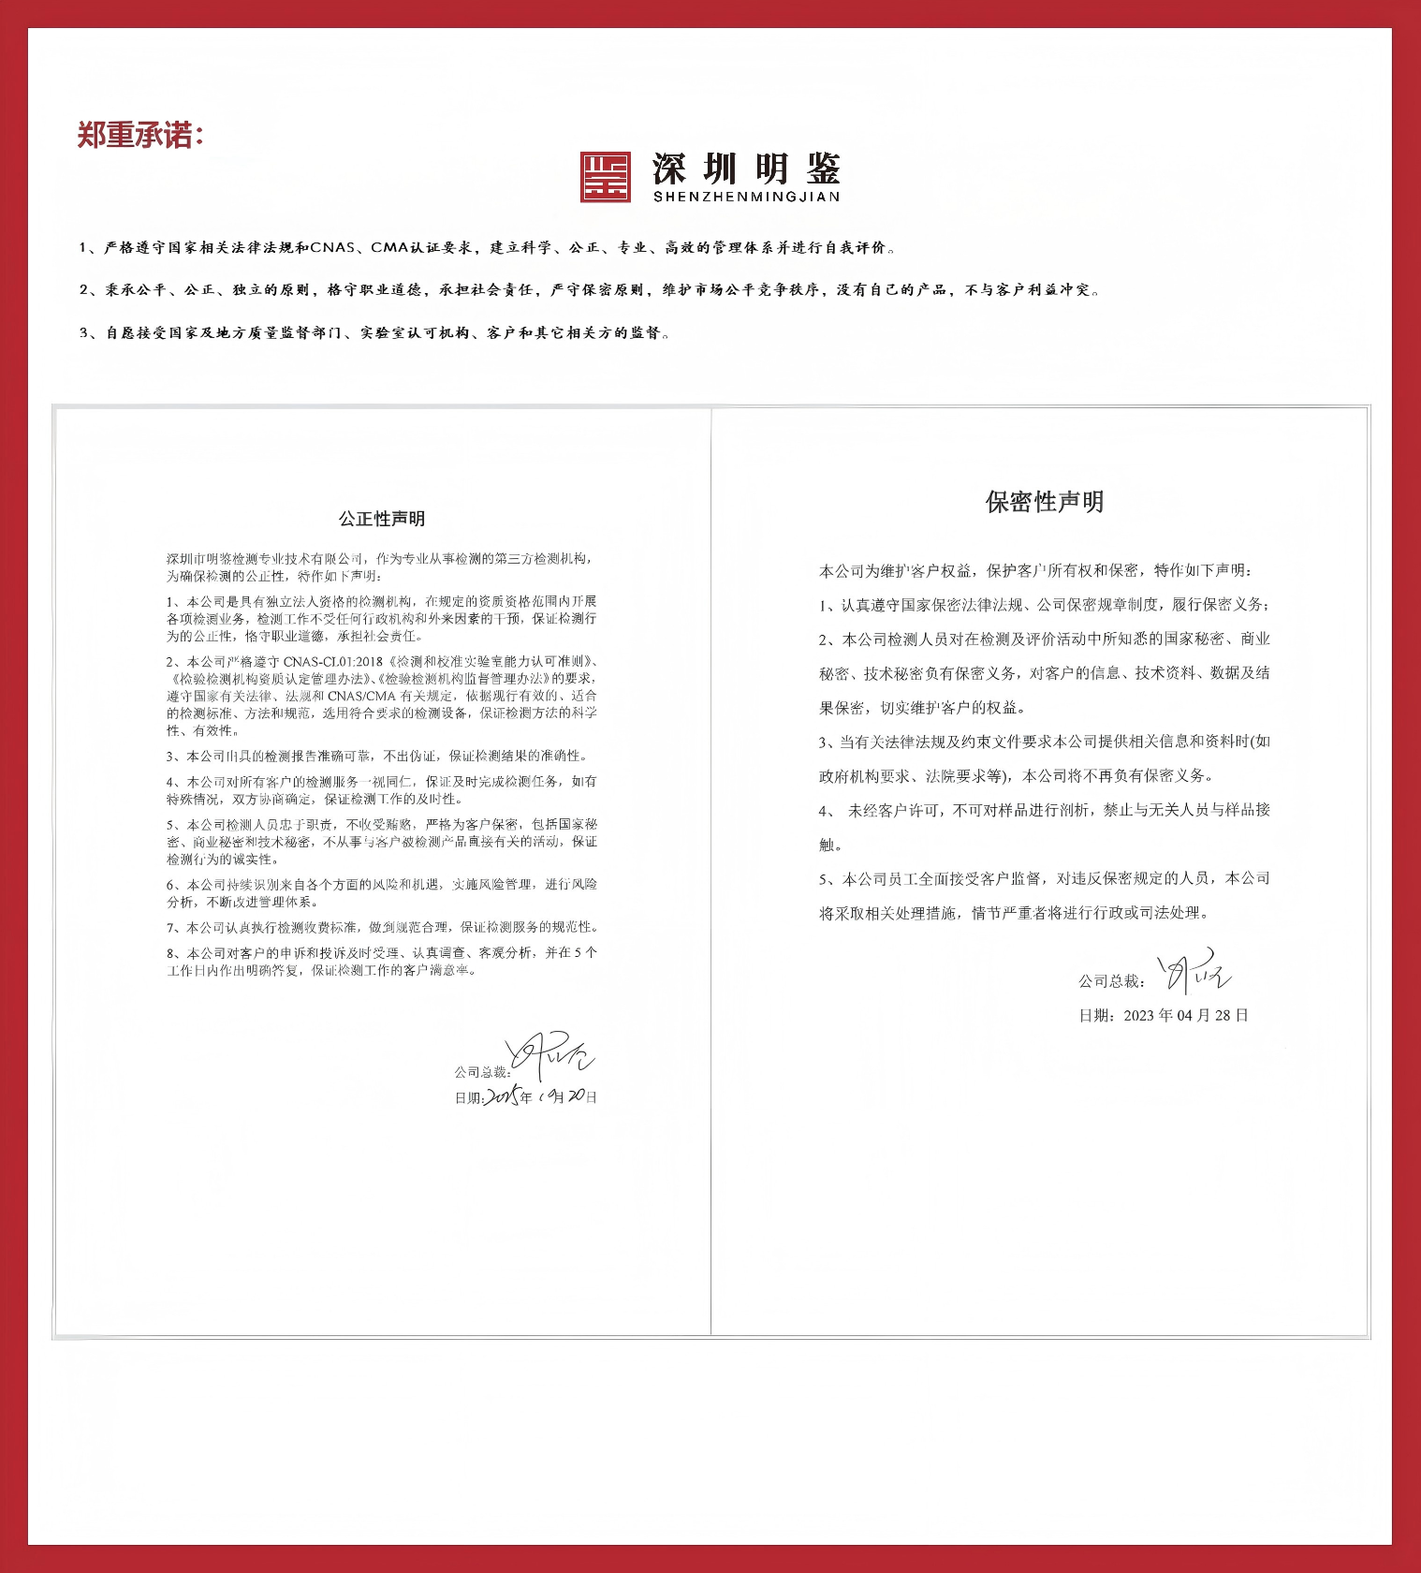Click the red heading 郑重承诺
pyautogui.click(x=139, y=136)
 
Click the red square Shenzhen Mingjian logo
pyautogui.click(x=605, y=177)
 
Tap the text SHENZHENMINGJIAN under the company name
pyautogui.click(x=746, y=197)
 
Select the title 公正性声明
pyautogui.click(x=382, y=519)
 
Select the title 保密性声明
pyautogui.click(x=1044, y=502)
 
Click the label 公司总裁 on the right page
pyautogui.click(x=1111, y=981)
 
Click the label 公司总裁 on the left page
pyautogui.click(x=482, y=1073)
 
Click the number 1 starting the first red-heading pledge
pyautogui.click(x=83, y=248)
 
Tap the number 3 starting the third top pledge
pyautogui.click(x=83, y=333)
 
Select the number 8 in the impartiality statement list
pyautogui.click(x=171, y=953)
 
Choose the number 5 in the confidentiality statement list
pyautogui.click(x=824, y=879)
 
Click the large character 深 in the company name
pyautogui.click(x=670, y=169)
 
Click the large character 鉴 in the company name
pyautogui.click(x=821, y=169)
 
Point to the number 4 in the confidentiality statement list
pyautogui.click(x=824, y=811)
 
